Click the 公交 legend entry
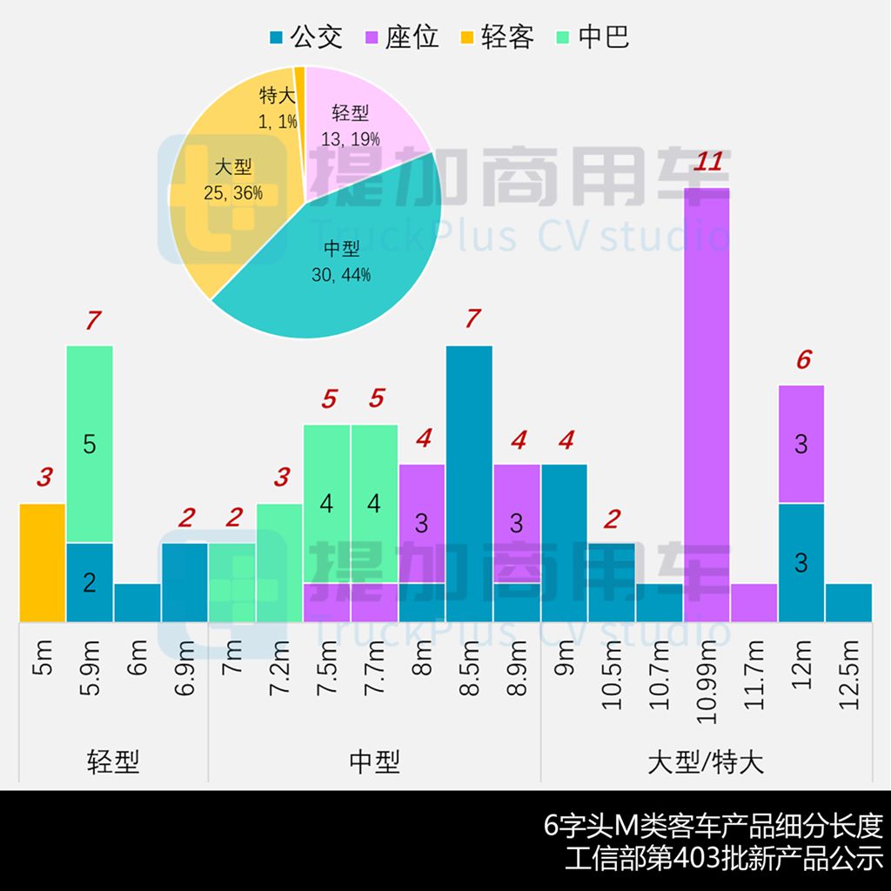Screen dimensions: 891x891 click(x=305, y=37)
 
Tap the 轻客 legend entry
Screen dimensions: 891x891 click(x=497, y=37)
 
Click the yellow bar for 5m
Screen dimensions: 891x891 click(x=43, y=562)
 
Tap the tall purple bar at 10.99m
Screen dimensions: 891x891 click(x=707, y=400)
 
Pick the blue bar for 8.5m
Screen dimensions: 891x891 click(x=469, y=483)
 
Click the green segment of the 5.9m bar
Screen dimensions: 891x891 click(x=90, y=444)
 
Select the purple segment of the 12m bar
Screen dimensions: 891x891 click(x=801, y=444)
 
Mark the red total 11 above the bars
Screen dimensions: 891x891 click(x=708, y=162)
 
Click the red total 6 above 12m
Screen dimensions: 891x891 click(x=802, y=359)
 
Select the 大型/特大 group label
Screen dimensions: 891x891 click(x=706, y=762)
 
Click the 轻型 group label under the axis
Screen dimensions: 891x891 click(x=113, y=762)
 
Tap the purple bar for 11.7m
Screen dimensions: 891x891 click(x=754, y=602)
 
